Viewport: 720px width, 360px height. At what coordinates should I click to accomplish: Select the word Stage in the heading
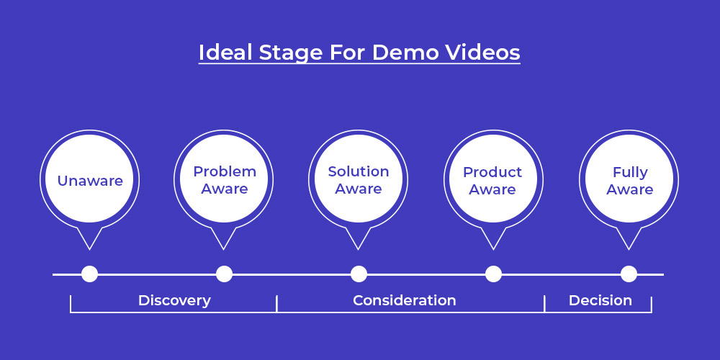[x=291, y=53]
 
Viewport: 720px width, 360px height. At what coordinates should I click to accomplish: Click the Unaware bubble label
[x=90, y=181]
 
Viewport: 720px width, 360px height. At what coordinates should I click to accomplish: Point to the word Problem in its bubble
[x=225, y=171]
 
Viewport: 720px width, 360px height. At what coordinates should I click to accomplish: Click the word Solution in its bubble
[x=358, y=171]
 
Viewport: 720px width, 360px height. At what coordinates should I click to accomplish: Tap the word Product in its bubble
[x=492, y=172]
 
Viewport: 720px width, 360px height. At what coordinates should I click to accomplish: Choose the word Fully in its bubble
[x=630, y=173]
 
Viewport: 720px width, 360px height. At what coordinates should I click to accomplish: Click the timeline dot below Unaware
[x=89, y=274]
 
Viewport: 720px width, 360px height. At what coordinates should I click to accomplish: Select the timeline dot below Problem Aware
[x=224, y=274]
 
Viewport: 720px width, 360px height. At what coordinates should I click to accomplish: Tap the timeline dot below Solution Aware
[x=359, y=274]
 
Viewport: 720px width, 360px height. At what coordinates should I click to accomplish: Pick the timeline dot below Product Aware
[x=494, y=274]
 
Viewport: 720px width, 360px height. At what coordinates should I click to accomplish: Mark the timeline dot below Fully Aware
[x=629, y=274]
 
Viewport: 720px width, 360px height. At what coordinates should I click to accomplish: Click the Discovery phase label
[x=174, y=301]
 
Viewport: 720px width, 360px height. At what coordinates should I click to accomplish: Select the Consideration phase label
[x=405, y=300]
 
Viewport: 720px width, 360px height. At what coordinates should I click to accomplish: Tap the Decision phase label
[x=600, y=300]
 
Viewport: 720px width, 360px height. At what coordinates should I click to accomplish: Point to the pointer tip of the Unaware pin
[x=89, y=249]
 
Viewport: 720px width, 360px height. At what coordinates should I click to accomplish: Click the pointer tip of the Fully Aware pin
[x=629, y=249]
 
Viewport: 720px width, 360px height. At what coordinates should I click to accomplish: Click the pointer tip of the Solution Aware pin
[x=358, y=249]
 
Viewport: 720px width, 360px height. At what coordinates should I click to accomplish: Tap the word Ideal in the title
[x=225, y=53]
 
